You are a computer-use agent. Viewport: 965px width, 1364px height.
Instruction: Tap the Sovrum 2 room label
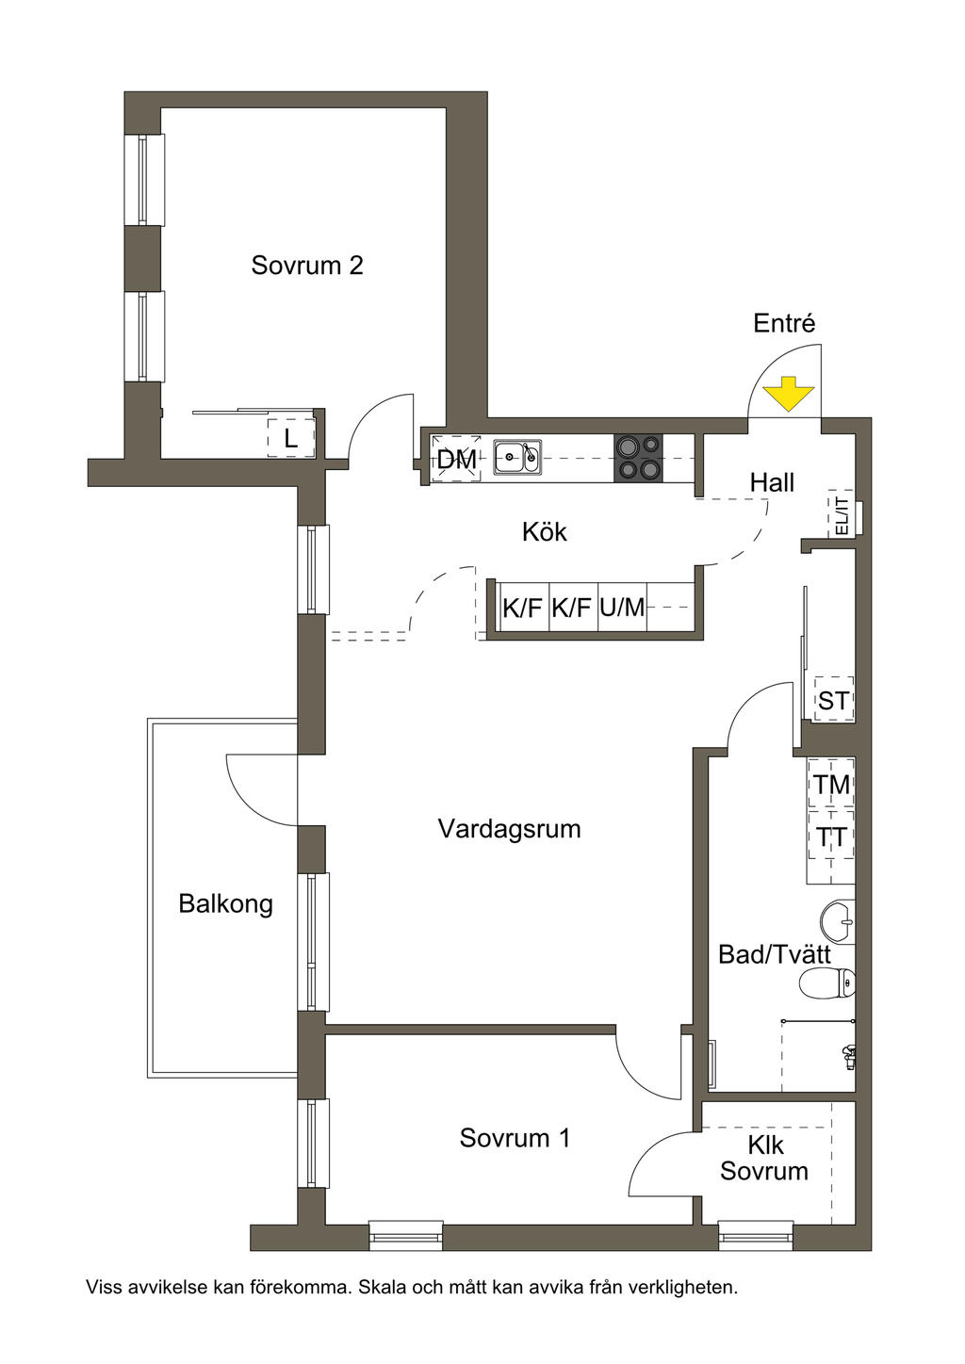point(307,266)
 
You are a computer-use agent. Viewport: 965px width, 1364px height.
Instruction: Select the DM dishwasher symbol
point(457,460)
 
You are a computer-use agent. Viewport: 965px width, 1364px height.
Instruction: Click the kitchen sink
point(517,458)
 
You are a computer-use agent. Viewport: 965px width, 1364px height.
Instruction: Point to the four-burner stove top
point(638,458)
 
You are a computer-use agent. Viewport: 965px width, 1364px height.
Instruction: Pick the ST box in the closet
point(833,700)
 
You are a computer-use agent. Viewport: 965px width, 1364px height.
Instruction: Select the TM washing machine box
point(831,784)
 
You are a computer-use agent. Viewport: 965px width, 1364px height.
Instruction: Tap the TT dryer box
point(831,836)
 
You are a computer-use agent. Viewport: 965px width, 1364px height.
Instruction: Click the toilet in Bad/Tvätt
point(826,984)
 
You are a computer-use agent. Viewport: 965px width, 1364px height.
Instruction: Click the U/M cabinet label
point(622,608)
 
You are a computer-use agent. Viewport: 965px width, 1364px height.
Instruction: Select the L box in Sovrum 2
point(291,438)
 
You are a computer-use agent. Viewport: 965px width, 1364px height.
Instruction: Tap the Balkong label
point(226,904)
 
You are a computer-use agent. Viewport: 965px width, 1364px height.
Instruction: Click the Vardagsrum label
point(509,829)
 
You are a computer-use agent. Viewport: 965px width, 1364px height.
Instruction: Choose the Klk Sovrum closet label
point(764,1159)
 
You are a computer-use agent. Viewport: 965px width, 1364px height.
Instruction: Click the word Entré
point(784,324)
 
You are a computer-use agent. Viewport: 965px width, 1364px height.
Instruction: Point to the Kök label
point(545,532)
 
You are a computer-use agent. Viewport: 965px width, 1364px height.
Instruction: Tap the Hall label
point(772,483)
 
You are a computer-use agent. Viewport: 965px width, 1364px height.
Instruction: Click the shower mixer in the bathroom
point(849,1056)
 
